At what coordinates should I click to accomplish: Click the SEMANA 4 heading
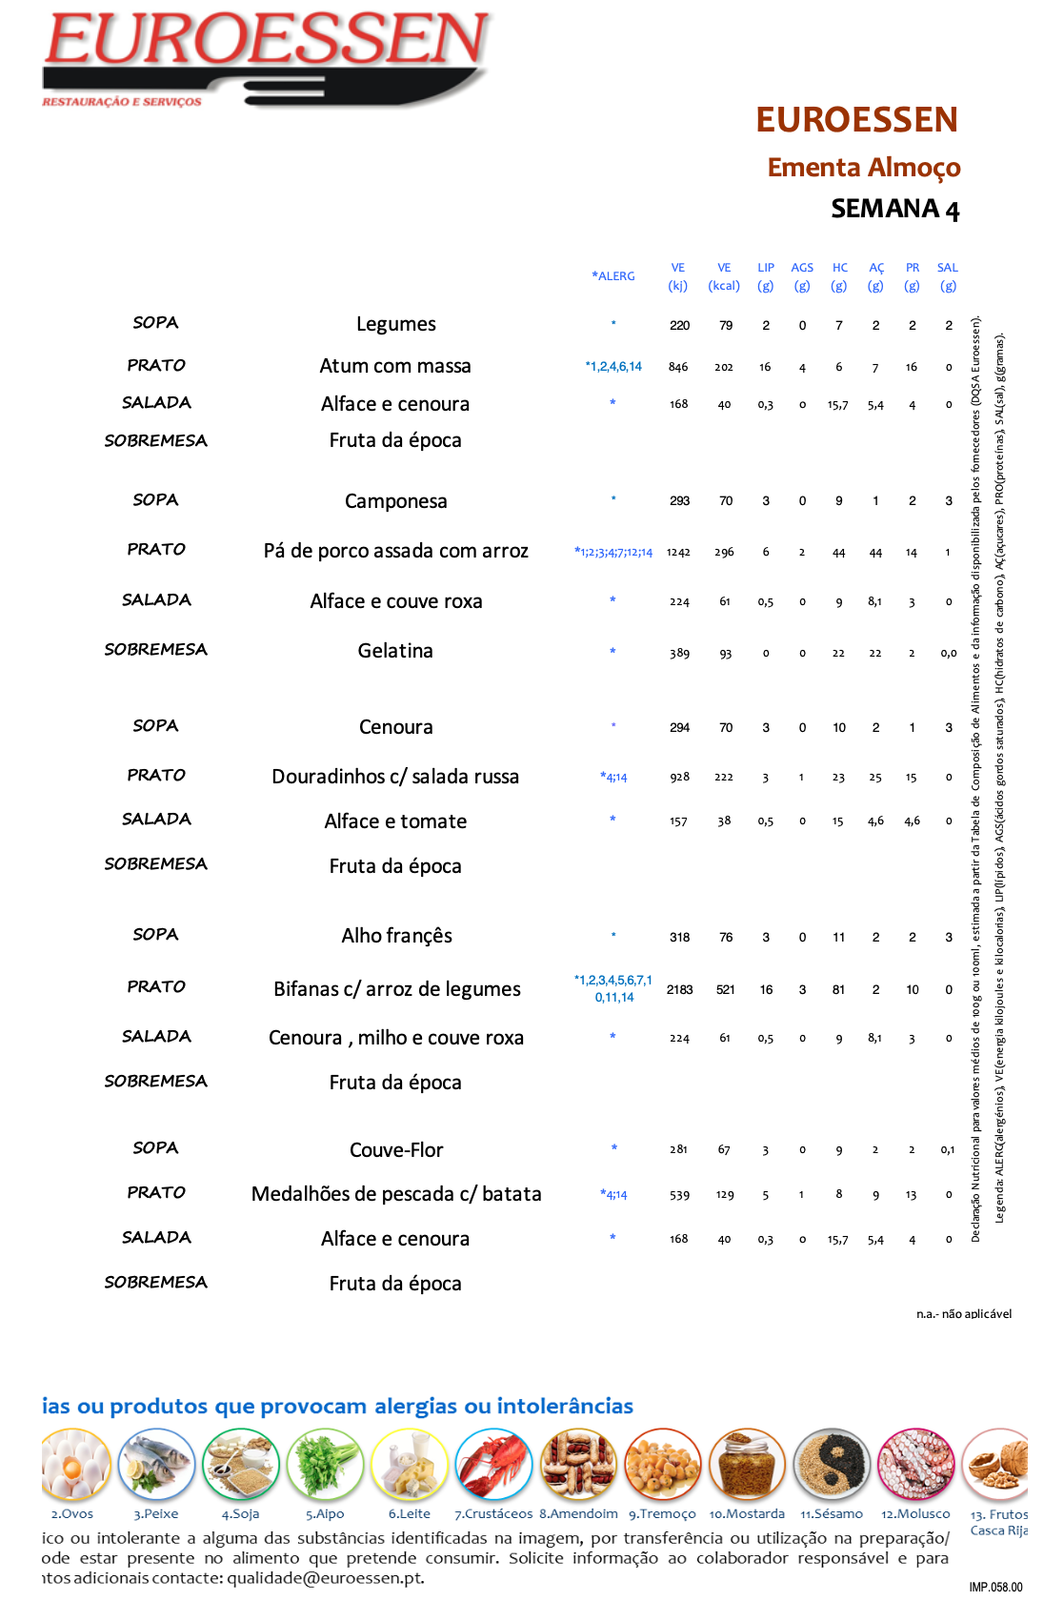(894, 209)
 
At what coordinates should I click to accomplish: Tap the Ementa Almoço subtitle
(863, 168)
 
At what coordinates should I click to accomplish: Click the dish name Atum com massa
(395, 366)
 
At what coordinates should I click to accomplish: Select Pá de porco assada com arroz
(395, 551)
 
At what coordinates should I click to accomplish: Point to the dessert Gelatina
(395, 651)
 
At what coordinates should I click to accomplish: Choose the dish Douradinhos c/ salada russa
(395, 777)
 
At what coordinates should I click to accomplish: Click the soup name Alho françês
(396, 936)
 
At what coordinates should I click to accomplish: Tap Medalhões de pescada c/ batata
(396, 1194)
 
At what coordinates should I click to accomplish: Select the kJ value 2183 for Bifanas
(679, 990)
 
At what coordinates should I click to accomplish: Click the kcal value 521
(725, 990)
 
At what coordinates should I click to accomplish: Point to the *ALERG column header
(613, 276)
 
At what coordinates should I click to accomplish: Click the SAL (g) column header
(947, 276)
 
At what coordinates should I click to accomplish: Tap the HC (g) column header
(839, 276)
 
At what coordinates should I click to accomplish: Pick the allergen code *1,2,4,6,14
(613, 367)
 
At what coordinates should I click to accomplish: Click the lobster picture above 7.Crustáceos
(493, 1465)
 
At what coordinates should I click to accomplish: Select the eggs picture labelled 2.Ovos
(74, 1465)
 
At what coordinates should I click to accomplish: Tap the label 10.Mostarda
(747, 1513)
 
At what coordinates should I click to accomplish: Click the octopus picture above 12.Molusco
(915, 1465)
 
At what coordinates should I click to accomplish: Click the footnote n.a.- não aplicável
(963, 1314)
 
